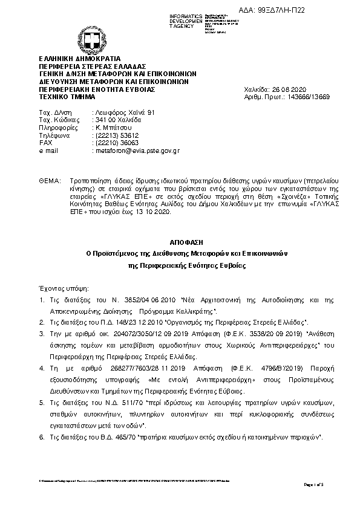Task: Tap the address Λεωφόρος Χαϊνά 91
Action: tap(125, 113)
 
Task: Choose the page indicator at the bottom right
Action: tap(315, 484)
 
